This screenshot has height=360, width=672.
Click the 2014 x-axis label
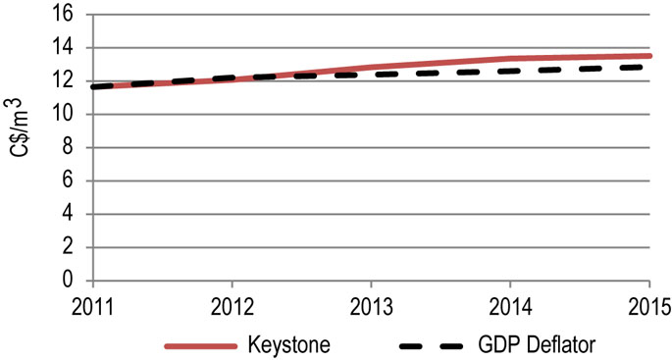510,305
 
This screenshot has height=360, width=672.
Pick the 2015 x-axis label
647,305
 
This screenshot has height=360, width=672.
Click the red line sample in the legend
201,346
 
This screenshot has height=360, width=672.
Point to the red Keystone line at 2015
648,56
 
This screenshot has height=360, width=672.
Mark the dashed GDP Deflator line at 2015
648,67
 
